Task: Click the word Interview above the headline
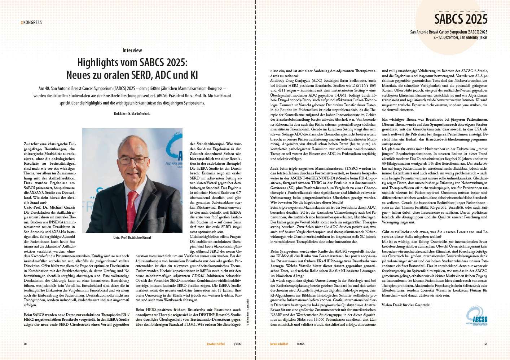coord(132,50)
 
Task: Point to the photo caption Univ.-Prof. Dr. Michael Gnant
coord(132,238)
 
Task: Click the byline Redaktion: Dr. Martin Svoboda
coord(132,114)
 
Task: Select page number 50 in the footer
coord(25,344)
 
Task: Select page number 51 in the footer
coord(485,344)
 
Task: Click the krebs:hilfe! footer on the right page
coord(279,344)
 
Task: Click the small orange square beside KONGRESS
coord(22,22)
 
